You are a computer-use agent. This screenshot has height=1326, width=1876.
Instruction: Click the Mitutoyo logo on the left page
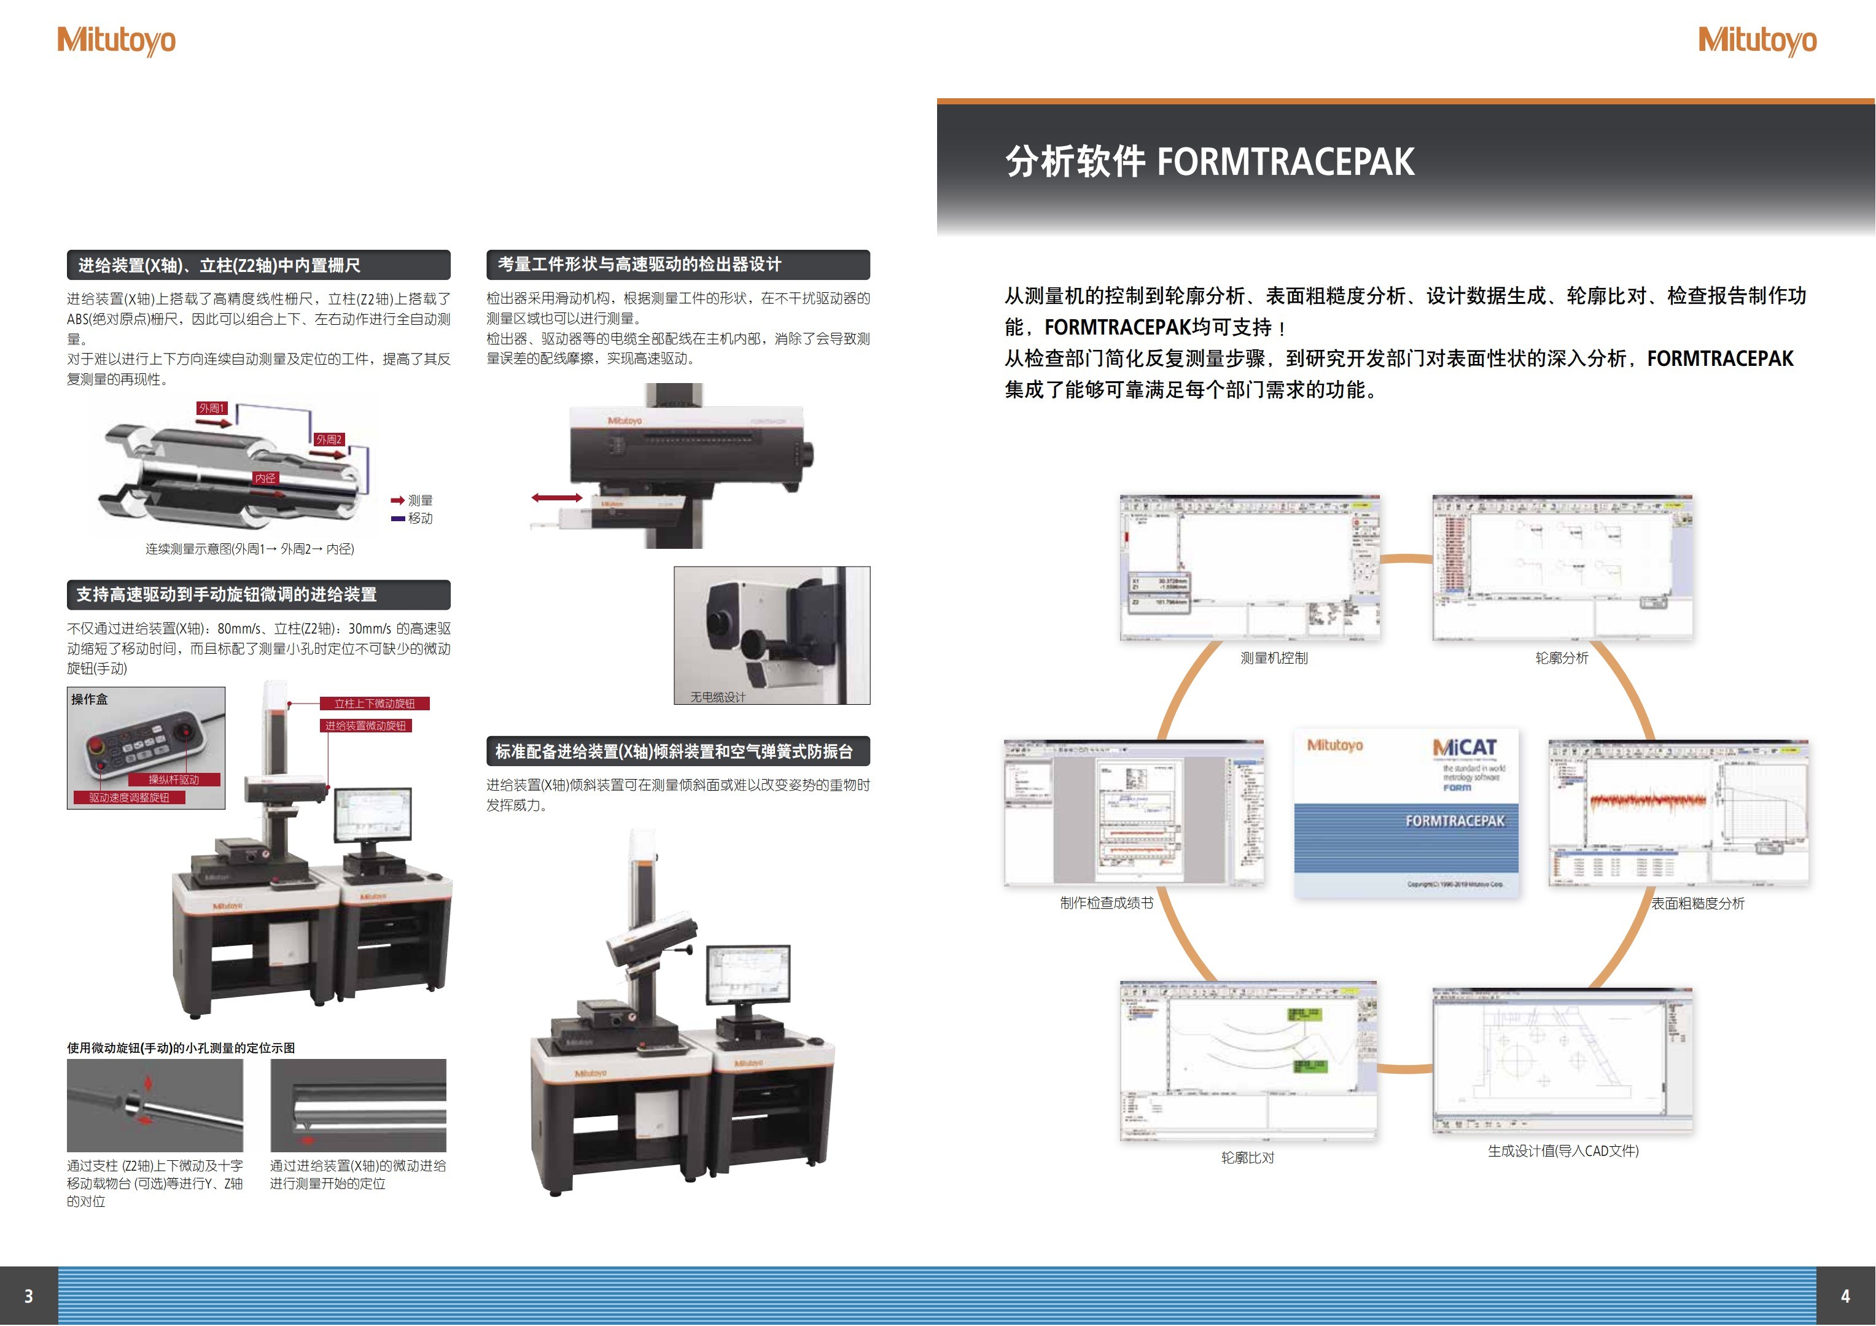coord(116,41)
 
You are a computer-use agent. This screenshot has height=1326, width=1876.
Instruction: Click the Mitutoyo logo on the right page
coord(1757,41)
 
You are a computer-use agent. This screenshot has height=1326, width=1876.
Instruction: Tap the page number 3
coord(29,1296)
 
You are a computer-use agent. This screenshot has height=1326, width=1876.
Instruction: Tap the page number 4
coord(1845,1296)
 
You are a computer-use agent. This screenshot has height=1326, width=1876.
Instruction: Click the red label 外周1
coord(211,408)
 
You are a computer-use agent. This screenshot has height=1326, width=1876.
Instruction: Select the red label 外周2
coord(329,440)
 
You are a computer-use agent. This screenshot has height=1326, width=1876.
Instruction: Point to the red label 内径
coord(265,478)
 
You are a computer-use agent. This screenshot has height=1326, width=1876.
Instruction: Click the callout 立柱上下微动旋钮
coord(374,704)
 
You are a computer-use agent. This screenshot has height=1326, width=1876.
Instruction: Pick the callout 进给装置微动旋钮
coord(365,726)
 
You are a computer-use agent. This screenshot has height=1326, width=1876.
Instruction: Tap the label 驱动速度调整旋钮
coord(129,797)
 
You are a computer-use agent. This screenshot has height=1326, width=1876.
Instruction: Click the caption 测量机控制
coord(1274,657)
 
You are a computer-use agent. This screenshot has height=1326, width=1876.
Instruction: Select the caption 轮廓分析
coord(1562,657)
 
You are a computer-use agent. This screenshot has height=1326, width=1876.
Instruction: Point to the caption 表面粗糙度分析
coord(1698,903)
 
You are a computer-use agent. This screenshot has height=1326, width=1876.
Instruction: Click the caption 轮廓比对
coord(1248,1157)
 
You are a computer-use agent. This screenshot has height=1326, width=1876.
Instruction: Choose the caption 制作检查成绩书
coord(1107,903)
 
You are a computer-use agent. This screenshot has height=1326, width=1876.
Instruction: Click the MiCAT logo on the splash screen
coord(1465,748)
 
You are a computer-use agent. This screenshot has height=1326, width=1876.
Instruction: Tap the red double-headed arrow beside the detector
coord(556,497)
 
